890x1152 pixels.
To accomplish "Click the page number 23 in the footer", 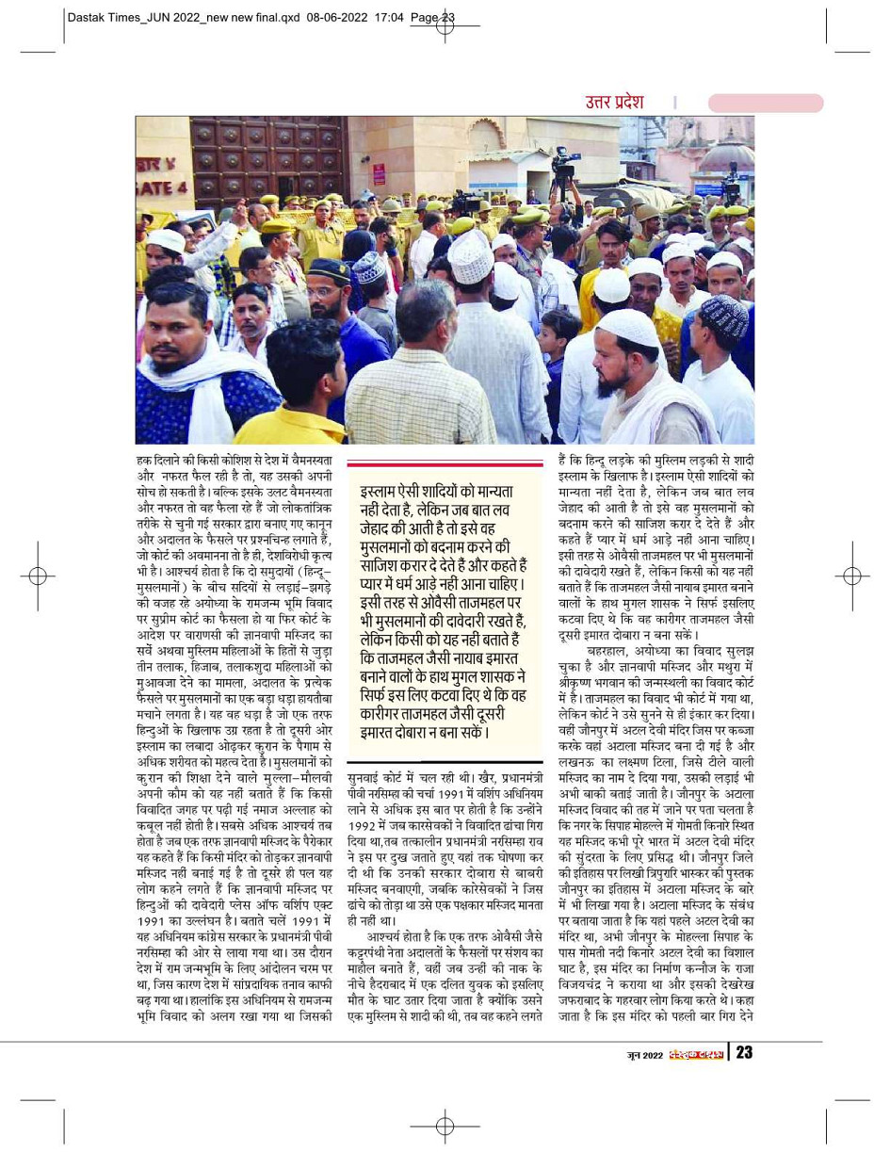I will (744, 1052).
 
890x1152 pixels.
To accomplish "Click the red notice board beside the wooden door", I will (379, 175).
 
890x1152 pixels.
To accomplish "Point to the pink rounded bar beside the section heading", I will (765, 103).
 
